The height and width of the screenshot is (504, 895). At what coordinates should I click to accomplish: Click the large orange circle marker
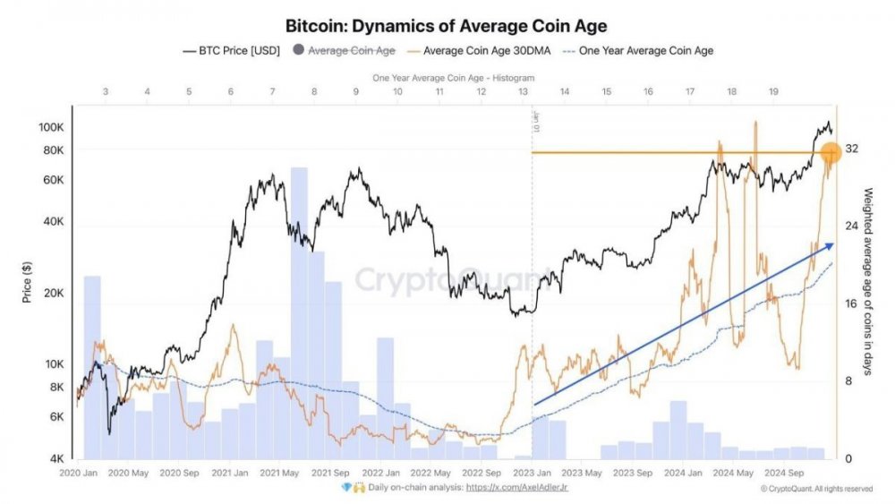tap(829, 154)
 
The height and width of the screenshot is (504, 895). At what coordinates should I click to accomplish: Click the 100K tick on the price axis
tap(51, 127)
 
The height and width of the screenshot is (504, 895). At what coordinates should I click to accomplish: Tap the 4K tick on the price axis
tap(55, 459)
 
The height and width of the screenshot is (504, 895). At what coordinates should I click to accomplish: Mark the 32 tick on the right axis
tap(852, 149)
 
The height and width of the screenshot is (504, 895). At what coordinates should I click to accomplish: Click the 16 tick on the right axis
tap(852, 303)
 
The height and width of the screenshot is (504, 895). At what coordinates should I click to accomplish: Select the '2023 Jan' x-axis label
tap(532, 473)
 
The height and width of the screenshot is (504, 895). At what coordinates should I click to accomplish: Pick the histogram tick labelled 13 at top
tap(522, 92)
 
